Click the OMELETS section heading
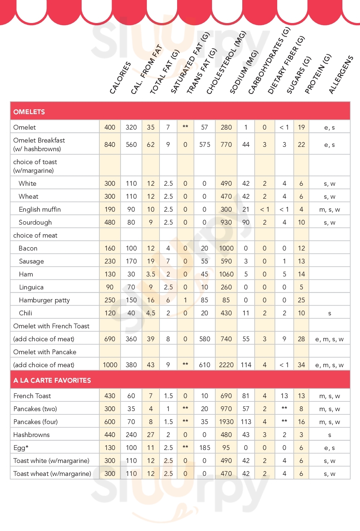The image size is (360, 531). point(29,112)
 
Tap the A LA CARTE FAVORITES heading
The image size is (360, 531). point(52,380)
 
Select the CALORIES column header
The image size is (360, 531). point(120,78)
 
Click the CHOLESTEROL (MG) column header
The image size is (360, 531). point(226,63)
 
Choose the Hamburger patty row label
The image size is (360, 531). point(44,300)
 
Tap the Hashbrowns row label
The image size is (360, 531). point(31,435)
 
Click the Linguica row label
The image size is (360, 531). point(31,287)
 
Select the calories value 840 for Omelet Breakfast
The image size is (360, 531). point(110,144)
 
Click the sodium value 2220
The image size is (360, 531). point(226,365)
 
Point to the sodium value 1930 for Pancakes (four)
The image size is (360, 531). point(226,422)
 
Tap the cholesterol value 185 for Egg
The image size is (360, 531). point(204,447)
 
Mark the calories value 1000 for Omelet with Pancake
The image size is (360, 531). point(110,365)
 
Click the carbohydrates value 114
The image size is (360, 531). point(246,365)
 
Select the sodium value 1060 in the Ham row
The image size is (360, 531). point(226,274)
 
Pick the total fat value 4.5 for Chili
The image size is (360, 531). point(150,313)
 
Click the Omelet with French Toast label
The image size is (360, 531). point(51,326)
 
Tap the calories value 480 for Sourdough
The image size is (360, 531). point(110,222)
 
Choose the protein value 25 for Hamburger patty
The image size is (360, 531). point(301,300)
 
